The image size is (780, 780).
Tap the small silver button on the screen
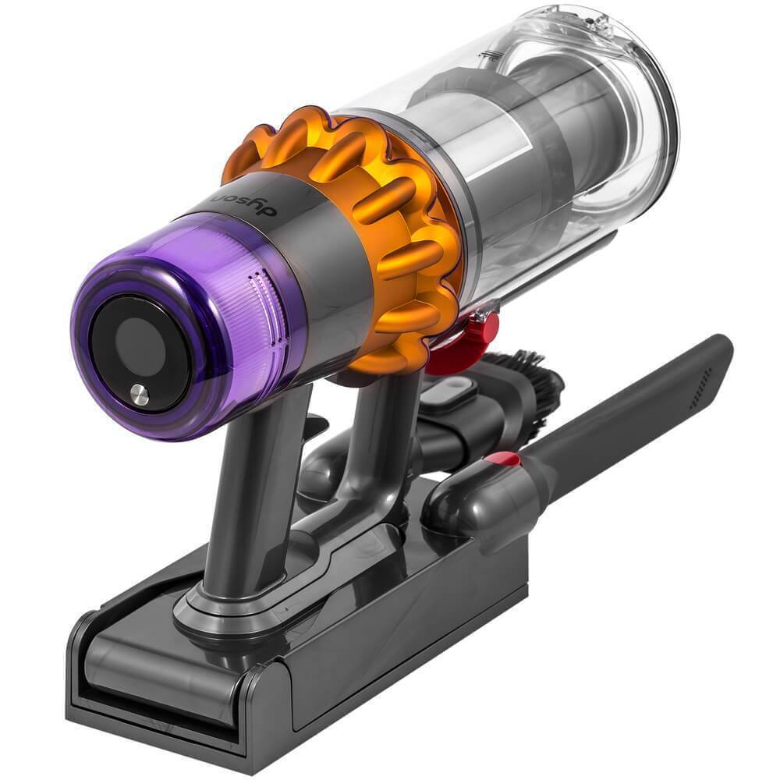[140, 395]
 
